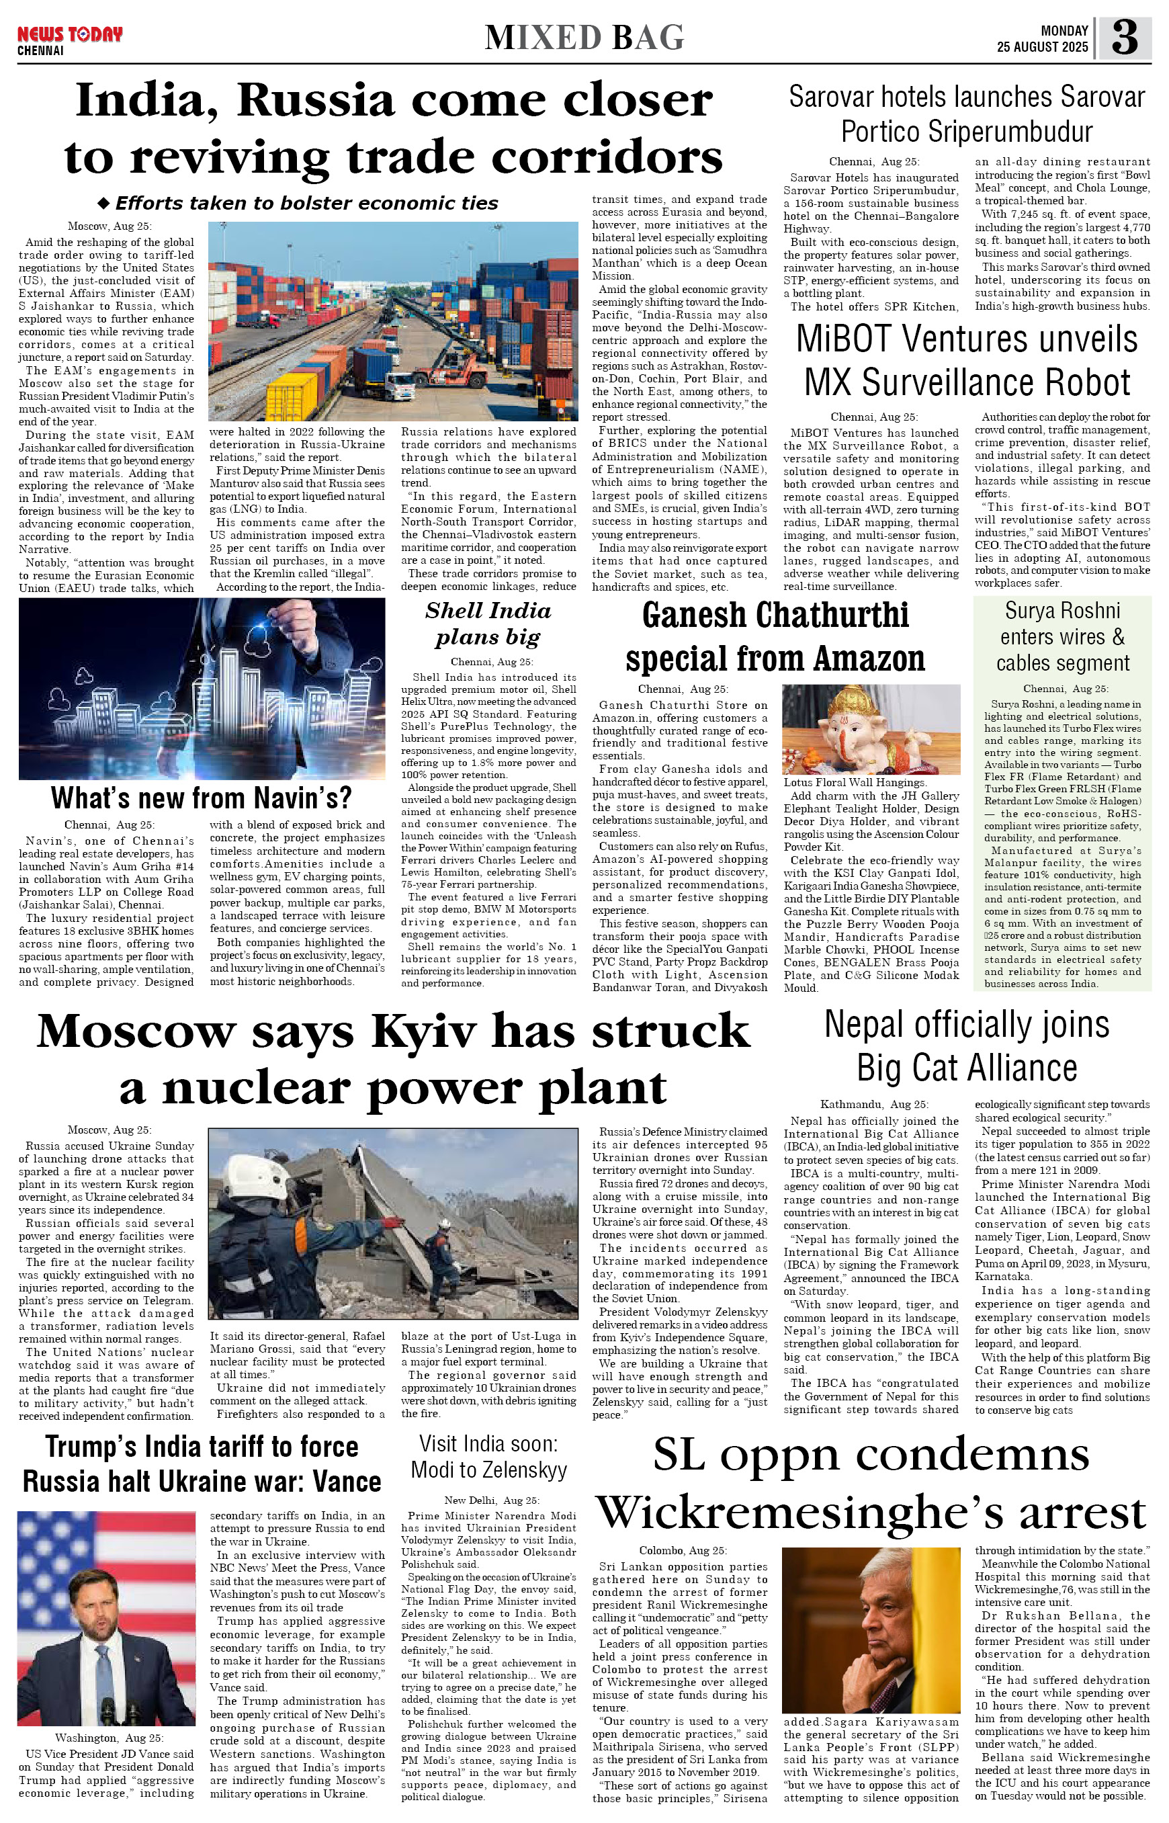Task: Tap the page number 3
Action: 1124,37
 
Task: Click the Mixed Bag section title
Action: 584,37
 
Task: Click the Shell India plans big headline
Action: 488,624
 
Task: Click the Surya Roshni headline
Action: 1062,636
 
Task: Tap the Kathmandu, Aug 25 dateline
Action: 873,1104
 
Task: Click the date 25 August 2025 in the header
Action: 1042,47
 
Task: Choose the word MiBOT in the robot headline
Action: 842,340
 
